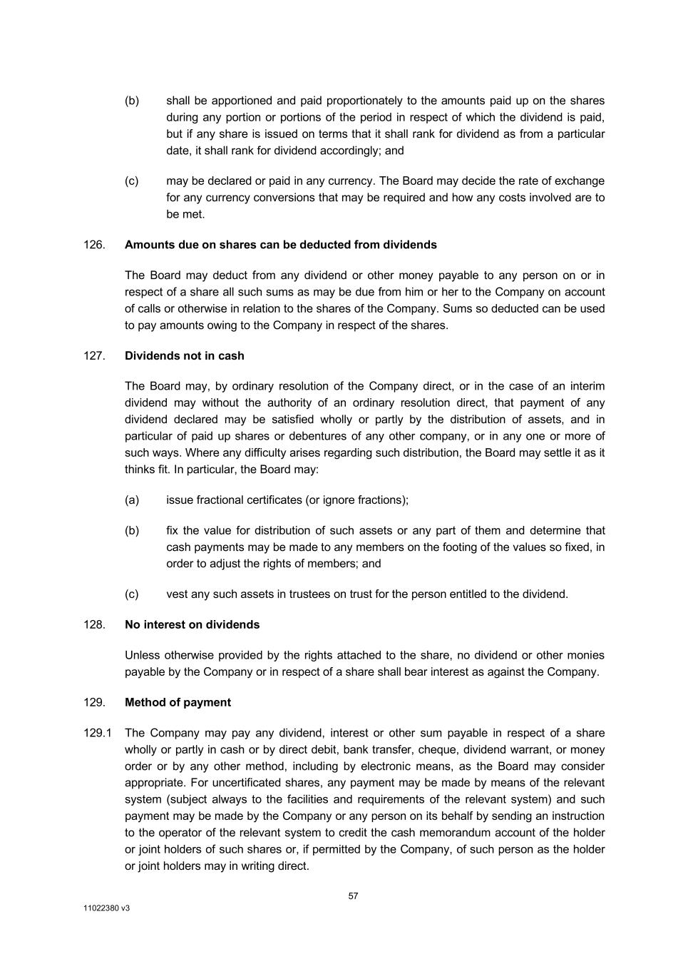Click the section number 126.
94,245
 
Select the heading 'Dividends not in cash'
184,356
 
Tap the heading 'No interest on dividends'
192,625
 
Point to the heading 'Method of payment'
178,703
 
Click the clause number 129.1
98,734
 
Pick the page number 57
354,896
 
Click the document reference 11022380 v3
106,909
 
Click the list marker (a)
132,500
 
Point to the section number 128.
94,625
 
